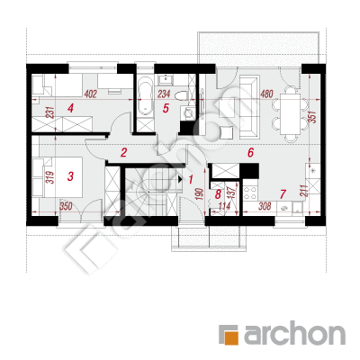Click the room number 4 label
tap(70, 108)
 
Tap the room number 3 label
tap(70, 176)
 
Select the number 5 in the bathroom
tap(166, 108)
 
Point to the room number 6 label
tap(250, 152)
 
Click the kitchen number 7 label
tap(283, 194)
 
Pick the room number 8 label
tap(218, 194)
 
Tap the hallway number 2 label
tap(123, 153)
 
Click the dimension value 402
tap(90, 94)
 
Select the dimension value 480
tap(266, 94)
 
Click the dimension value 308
tap(265, 206)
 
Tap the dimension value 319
tap(50, 177)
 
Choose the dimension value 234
tap(164, 94)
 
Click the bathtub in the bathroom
tap(145, 96)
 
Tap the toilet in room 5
tap(181, 96)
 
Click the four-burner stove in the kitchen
tap(250, 193)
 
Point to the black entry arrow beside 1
tap(180, 179)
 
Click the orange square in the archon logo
tap(231, 337)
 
